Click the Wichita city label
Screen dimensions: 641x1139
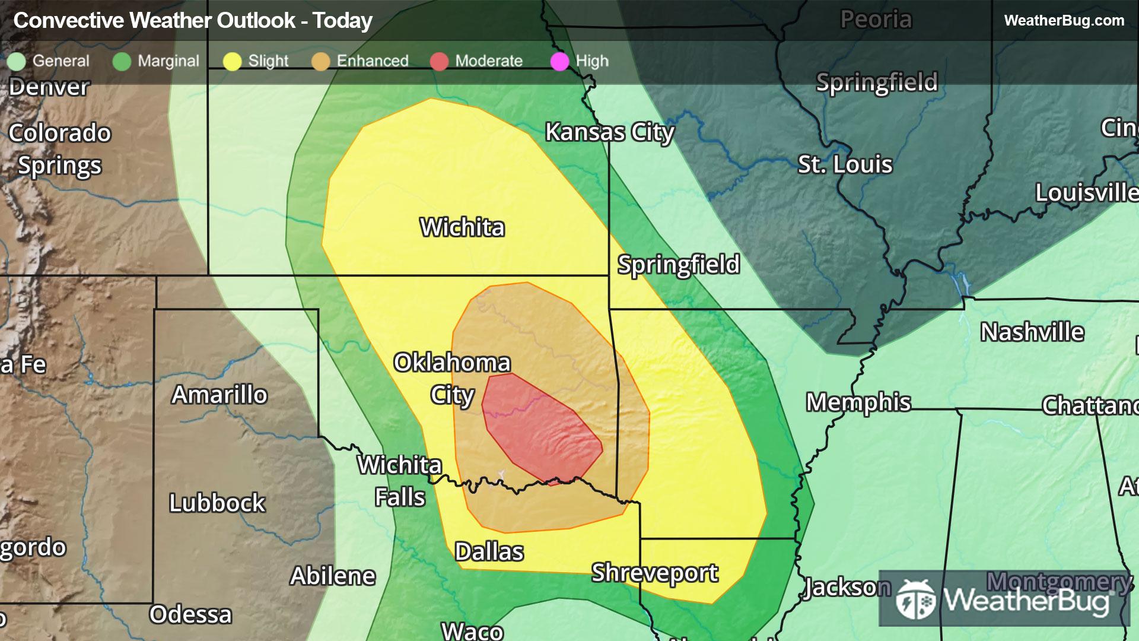pyautogui.click(x=462, y=227)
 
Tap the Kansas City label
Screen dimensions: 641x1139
pyautogui.click(x=609, y=132)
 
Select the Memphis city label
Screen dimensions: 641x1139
pyautogui.click(x=858, y=402)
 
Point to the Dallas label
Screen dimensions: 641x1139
pyautogui.click(x=489, y=552)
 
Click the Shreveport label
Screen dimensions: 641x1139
pyautogui.click(x=654, y=573)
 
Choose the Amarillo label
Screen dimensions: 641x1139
pyautogui.click(x=219, y=395)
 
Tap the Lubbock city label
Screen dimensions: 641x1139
pyautogui.click(x=217, y=503)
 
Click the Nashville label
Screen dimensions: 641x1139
pyautogui.click(x=1032, y=332)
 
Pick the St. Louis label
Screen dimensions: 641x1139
pyautogui.click(x=845, y=164)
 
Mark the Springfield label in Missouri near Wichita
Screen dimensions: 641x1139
pyautogui.click(x=679, y=265)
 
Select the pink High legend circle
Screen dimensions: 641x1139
pyautogui.click(x=559, y=61)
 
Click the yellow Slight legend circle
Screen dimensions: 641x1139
pyautogui.click(x=232, y=61)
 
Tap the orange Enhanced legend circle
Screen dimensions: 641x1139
pyautogui.click(x=320, y=61)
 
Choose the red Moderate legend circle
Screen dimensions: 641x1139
pyautogui.click(x=439, y=61)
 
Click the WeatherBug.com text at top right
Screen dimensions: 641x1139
pyautogui.click(x=1064, y=21)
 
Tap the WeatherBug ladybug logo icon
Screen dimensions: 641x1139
pyautogui.click(x=916, y=599)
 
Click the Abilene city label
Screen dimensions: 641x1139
pyautogui.click(x=333, y=576)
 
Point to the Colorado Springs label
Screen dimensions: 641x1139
pyautogui.click(x=59, y=149)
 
